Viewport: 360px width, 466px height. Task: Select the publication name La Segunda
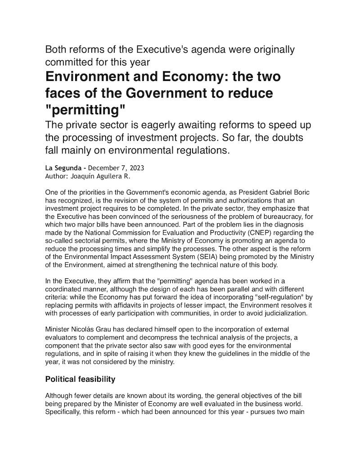[x=65, y=168]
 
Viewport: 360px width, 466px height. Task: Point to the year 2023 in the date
[x=135, y=168]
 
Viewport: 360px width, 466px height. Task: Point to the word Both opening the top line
[x=56, y=49]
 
